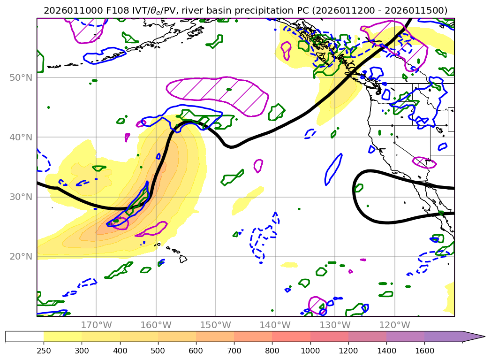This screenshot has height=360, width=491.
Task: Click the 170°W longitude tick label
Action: pyautogui.click(x=96, y=325)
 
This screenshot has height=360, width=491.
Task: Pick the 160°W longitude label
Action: pyautogui.click(x=156, y=325)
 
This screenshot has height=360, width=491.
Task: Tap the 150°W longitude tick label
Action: pyautogui.click(x=215, y=325)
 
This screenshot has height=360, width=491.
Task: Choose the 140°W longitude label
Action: pyautogui.click(x=275, y=325)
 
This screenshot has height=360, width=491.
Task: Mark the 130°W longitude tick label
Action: pyautogui.click(x=334, y=325)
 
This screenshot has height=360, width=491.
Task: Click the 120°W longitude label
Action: pyautogui.click(x=394, y=325)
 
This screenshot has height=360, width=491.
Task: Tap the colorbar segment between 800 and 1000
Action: pyautogui.click(x=291, y=337)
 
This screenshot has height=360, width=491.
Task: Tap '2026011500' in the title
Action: pyautogui.click(x=421, y=10)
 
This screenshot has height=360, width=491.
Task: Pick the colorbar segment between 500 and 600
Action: pyautogui.click(x=177, y=337)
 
